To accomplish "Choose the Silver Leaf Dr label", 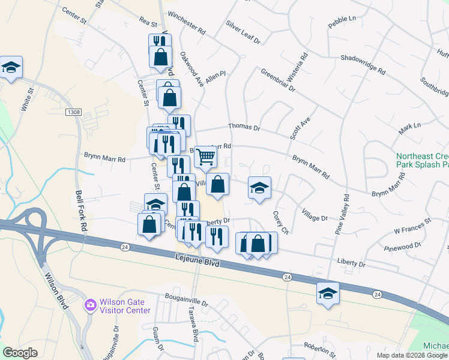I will tap(243, 32).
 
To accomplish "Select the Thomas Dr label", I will tap(243, 127).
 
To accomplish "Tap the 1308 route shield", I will tap(73, 112).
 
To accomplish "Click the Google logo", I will tap(20, 353).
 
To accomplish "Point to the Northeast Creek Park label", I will tap(422, 160).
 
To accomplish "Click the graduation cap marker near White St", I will tap(11, 67).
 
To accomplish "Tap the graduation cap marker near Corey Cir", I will tap(259, 188).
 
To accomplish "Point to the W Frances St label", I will tap(412, 226).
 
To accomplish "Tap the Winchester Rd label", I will tap(187, 30).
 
